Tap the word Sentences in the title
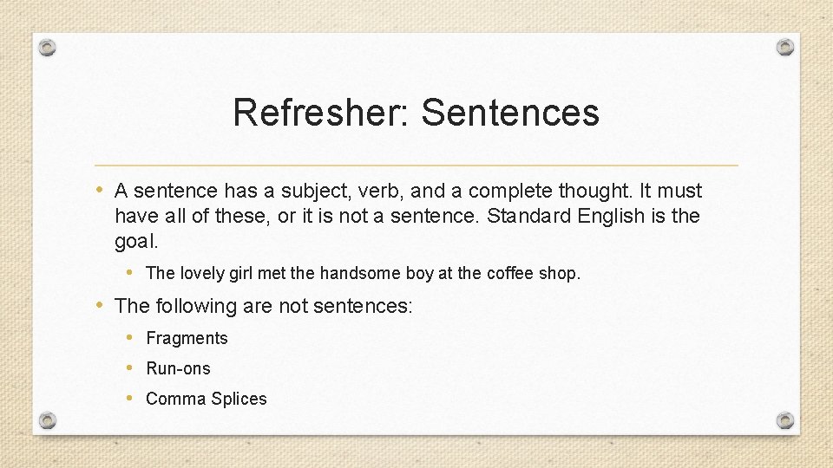(x=510, y=113)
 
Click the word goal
(x=136, y=240)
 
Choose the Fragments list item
(x=187, y=338)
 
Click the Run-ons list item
(x=178, y=368)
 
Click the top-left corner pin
(x=48, y=47)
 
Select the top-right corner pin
(x=784, y=47)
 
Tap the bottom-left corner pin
(x=48, y=420)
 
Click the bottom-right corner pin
(x=784, y=420)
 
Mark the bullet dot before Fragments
(x=129, y=337)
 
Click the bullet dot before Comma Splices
(x=129, y=398)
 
